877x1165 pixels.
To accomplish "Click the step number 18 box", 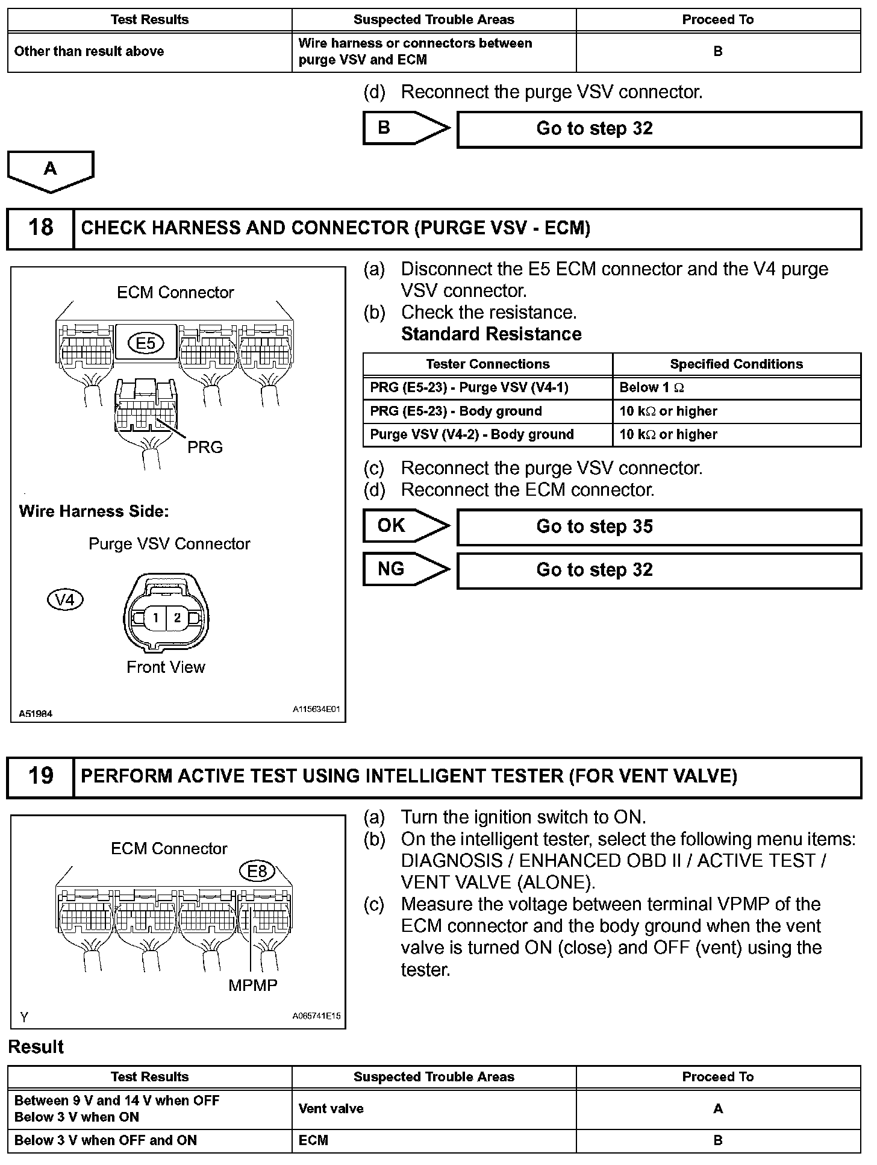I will (40, 228).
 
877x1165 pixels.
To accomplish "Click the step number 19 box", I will (40, 776).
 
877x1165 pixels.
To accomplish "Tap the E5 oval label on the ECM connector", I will (146, 343).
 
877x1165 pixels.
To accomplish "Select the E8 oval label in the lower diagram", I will (257, 871).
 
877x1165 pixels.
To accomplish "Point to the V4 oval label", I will (65, 600).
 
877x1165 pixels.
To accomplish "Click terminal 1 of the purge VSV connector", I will (155, 617).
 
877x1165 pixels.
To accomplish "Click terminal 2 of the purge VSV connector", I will (177, 617).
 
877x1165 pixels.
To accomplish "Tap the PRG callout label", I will (205, 448).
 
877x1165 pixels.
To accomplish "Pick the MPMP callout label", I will (253, 985).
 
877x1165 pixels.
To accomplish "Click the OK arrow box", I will (405, 526).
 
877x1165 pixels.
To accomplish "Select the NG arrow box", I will (405, 569).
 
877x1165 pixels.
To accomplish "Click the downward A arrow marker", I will (51, 170).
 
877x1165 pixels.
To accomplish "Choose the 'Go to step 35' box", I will (659, 527).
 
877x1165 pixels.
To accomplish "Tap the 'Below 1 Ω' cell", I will (736, 388).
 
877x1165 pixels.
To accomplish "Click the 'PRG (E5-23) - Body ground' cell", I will (487, 411).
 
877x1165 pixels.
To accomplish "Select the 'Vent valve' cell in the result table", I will (434, 1108).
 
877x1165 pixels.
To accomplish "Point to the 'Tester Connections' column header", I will (487, 364).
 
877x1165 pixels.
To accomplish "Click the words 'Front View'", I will (166, 667).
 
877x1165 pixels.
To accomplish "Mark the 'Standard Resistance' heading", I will (491, 334).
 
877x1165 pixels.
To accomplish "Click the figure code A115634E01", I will (316, 710).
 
